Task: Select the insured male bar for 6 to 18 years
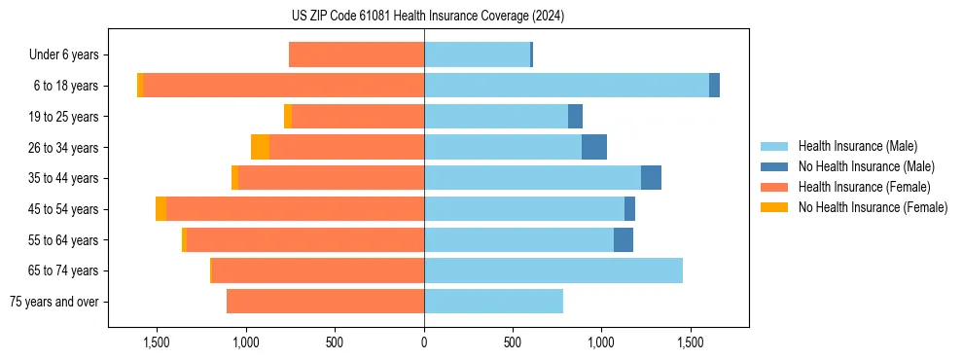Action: (566, 86)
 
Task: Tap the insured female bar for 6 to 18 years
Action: (283, 86)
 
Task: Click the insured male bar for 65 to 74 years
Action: (553, 270)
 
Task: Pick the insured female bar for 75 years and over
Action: (325, 302)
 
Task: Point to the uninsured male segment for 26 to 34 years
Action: (594, 147)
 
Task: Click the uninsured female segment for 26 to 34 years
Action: (260, 147)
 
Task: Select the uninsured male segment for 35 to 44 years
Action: (651, 178)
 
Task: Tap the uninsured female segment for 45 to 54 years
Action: (160, 209)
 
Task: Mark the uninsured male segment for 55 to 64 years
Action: (624, 240)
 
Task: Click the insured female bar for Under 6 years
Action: (356, 54)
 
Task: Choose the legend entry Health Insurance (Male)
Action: (857, 146)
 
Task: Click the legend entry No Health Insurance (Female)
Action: (873, 207)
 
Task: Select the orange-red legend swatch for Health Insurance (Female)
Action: (775, 187)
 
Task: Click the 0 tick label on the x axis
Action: (424, 343)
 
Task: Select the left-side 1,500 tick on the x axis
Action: (157, 343)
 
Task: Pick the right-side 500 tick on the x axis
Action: (513, 343)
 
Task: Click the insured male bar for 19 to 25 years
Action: (496, 117)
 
